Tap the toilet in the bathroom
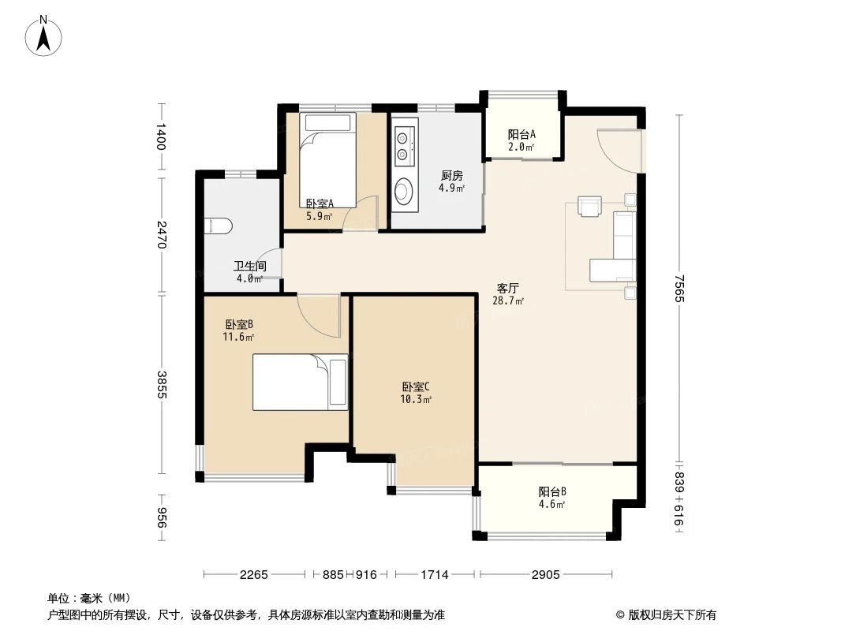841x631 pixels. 217,226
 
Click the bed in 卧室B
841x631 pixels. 300,382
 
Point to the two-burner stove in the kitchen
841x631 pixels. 404,144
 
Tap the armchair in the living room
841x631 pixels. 589,205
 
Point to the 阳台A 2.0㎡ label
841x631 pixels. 521,140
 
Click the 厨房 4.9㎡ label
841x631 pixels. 451,181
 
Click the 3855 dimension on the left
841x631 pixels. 162,384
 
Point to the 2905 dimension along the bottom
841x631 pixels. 544,575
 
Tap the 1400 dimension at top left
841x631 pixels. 162,136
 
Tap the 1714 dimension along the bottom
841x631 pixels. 434,575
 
